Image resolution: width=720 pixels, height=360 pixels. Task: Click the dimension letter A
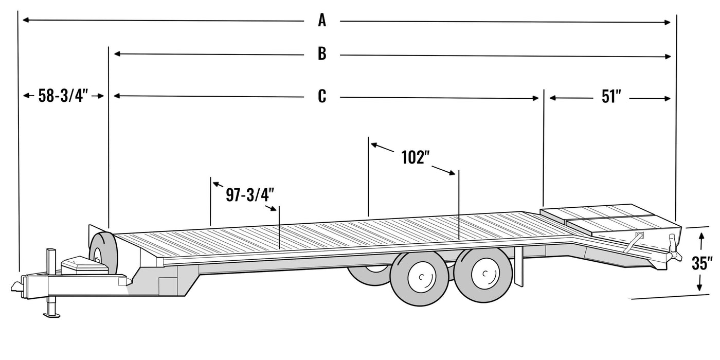pyautogui.click(x=322, y=21)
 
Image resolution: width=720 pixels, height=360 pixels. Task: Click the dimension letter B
pyautogui.click(x=322, y=53)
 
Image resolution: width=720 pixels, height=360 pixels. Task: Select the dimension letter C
pyautogui.click(x=322, y=96)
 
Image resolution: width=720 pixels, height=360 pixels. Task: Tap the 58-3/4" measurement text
pyautogui.click(x=63, y=96)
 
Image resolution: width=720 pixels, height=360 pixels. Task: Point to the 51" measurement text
pyautogui.click(x=611, y=97)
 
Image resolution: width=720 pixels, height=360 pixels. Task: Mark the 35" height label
pyautogui.click(x=701, y=263)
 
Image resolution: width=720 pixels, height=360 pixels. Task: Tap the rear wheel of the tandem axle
pyautogui.click(x=482, y=275)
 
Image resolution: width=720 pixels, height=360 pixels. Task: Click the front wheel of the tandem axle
pyautogui.click(x=420, y=278)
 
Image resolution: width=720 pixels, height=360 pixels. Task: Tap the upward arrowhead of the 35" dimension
pyautogui.click(x=700, y=235)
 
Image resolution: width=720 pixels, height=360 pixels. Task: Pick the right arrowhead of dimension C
pyautogui.click(x=535, y=98)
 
